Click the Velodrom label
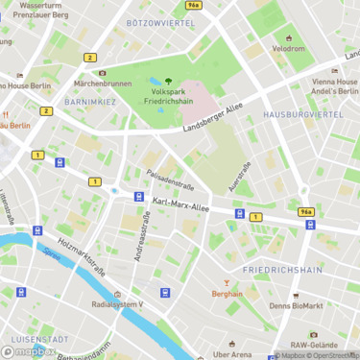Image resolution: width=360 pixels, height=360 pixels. click(288, 48)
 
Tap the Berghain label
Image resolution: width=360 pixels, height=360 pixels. click(227, 295)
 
